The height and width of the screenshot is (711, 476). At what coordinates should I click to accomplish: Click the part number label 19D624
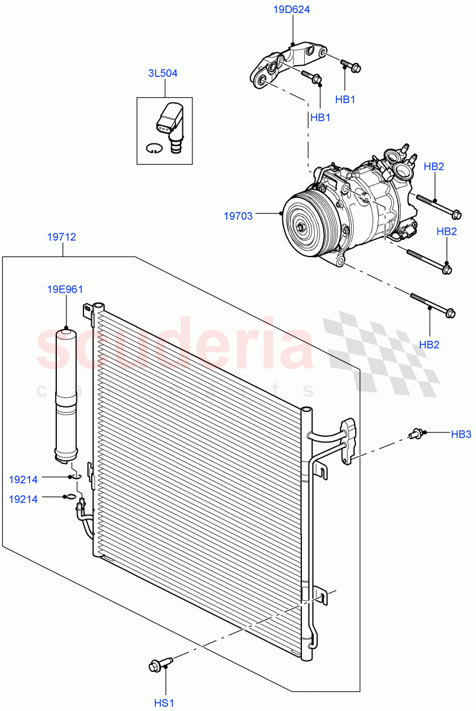(x=292, y=9)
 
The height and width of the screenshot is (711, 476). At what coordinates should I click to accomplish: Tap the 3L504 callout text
(x=163, y=73)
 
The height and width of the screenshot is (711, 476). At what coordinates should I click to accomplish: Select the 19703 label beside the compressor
(x=238, y=216)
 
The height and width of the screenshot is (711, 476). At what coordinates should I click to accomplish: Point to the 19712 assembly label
(x=62, y=237)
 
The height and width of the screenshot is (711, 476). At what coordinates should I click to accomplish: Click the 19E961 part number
(x=65, y=289)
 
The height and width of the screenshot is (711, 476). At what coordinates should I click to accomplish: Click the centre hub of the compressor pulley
(x=302, y=226)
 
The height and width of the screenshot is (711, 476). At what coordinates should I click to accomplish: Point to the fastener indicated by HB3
(x=417, y=434)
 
